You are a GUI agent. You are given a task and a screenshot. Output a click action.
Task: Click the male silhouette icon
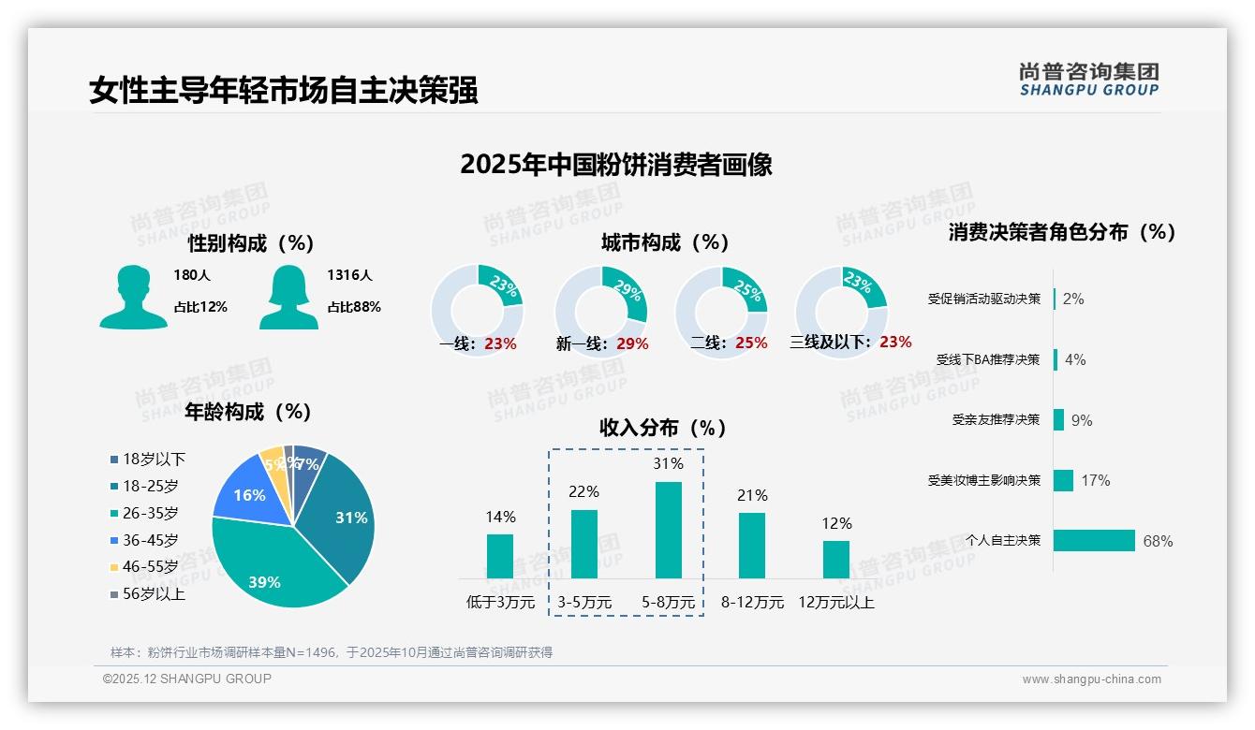133,297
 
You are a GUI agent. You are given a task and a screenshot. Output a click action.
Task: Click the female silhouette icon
288,297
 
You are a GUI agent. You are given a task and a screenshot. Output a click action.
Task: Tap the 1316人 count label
349,275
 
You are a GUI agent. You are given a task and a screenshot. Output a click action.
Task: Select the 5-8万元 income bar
669,530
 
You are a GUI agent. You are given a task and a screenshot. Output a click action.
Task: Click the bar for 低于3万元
500,556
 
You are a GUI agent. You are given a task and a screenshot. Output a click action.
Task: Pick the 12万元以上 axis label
835,603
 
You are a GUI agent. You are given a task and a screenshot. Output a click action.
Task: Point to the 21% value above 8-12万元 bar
752,495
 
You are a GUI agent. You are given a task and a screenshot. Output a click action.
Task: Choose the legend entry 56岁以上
147,593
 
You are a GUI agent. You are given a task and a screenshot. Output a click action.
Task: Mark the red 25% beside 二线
751,343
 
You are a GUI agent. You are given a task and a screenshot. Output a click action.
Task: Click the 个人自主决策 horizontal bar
1094,540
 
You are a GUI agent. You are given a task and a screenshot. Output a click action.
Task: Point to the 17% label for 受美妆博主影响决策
1095,480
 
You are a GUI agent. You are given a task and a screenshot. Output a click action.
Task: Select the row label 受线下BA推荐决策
988,359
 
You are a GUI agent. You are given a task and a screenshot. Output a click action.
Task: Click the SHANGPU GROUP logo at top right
1089,80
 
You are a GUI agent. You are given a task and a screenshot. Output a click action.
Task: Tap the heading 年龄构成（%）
247,412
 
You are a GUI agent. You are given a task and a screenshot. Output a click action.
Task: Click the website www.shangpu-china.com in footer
1091,679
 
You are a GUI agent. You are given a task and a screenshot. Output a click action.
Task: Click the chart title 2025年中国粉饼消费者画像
616,165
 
